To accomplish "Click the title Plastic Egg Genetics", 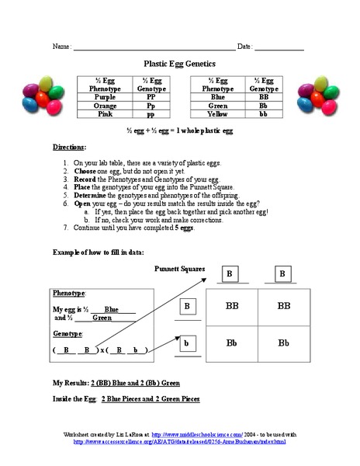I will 179,64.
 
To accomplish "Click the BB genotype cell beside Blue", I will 264,96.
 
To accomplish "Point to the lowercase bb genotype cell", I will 264,113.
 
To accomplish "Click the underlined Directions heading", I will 70,147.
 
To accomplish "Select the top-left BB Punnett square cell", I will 231,307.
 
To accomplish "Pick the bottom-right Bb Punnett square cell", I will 283,343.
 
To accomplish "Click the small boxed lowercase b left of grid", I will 187,342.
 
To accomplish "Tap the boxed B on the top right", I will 282,274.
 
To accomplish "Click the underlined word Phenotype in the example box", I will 69,294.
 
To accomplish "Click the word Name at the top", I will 61,47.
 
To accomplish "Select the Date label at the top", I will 245,47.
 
